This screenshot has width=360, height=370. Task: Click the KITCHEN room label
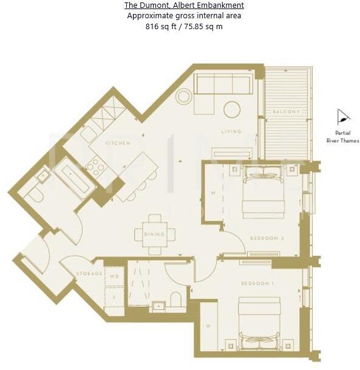[x=118, y=143]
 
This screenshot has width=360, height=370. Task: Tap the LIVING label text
[x=231, y=131]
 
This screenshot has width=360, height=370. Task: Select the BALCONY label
[x=285, y=112]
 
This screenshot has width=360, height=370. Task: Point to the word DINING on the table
[x=155, y=234]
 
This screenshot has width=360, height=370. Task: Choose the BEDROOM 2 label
[x=267, y=238]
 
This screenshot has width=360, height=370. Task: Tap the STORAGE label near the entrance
[x=89, y=274]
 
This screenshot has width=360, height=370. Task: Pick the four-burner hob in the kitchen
[x=95, y=165]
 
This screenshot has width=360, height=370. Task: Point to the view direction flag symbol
[x=344, y=117]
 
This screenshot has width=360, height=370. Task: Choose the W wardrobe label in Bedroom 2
[x=212, y=194]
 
